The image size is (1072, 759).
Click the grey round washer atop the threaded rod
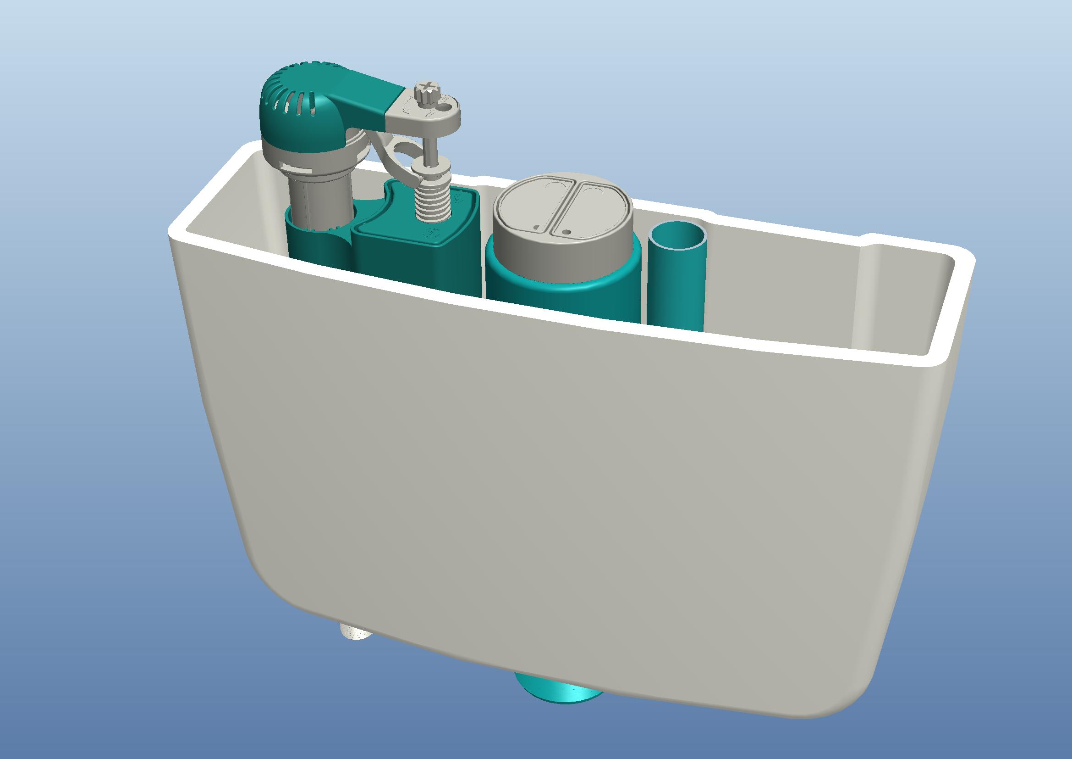click(x=430, y=166)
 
